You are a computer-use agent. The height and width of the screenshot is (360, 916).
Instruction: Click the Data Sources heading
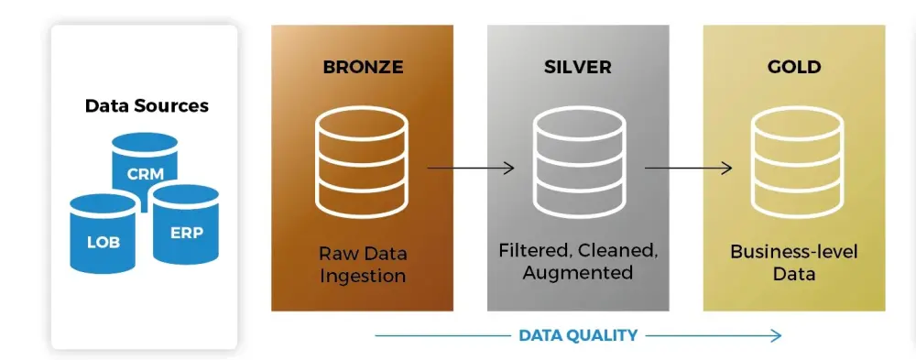coord(147,105)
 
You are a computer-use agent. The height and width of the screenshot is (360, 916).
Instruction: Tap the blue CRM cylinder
coord(145,165)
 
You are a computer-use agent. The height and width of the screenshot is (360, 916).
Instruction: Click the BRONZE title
coord(363,67)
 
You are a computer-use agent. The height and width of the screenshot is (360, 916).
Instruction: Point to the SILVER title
coord(577,67)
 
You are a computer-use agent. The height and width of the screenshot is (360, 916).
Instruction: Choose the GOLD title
coord(793,67)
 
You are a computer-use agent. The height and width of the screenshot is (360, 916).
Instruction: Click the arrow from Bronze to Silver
coord(471,168)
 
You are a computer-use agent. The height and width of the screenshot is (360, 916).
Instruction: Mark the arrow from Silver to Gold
coord(688,168)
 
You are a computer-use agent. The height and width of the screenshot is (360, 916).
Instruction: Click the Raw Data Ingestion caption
coord(363,264)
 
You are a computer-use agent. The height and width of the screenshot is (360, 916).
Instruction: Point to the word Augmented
coord(577,273)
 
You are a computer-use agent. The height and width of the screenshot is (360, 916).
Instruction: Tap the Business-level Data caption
coord(793,263)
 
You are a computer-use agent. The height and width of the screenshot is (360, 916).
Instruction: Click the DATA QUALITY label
coord(578,335)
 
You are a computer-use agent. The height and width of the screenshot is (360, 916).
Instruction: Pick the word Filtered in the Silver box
coord(531,250)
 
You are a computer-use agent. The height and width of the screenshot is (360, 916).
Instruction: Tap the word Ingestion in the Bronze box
coord(363,275)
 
